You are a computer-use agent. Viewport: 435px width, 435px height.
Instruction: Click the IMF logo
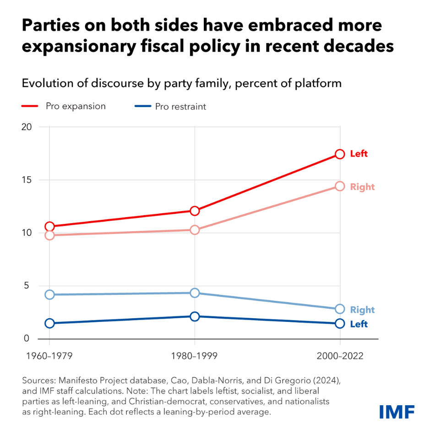pos(397,411)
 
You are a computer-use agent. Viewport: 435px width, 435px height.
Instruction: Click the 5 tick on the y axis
pos(28,286)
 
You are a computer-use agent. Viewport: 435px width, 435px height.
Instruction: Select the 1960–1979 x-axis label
pos(49,356)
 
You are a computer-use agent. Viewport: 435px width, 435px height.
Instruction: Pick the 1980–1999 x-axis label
pos(195,356)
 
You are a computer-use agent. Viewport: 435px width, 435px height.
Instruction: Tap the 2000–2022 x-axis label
pos(339,356)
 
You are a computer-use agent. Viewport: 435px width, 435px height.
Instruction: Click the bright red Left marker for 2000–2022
pos(339,154)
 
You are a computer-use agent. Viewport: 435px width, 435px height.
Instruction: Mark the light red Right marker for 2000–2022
pos(339,186)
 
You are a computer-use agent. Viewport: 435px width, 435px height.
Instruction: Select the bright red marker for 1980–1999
pos(195,211)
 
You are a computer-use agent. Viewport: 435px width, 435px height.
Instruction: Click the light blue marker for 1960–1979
pos(49,294)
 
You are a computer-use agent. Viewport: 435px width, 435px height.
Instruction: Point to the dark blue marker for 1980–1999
pos(195,316)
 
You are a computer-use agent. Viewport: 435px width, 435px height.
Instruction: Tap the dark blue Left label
pos(359,324)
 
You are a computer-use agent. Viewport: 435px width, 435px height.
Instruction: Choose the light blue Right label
pos(362,310)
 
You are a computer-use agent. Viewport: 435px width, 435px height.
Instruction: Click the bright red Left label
pos(359,154)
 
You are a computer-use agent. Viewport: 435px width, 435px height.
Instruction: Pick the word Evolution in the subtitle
pos(43,83)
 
